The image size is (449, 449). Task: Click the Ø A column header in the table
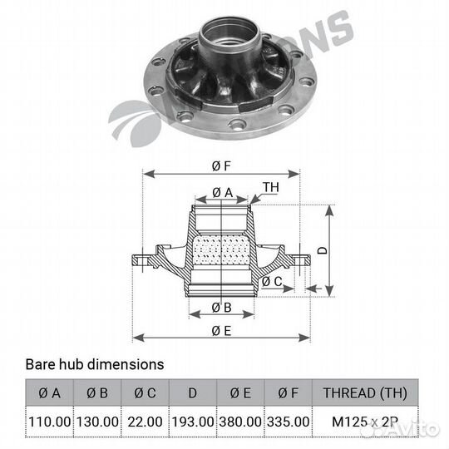point(50,393)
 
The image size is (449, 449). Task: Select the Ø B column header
point(97,393)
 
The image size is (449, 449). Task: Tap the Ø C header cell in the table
point(145,393)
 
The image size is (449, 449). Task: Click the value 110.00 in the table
point(50,422)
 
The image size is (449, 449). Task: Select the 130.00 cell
point(97,422)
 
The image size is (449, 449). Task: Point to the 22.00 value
point(145,422)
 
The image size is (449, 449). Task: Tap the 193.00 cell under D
point(192,422)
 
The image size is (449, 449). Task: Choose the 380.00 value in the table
point(239,422)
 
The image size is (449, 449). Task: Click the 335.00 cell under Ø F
point(288,422)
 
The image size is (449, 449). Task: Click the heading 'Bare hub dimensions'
point(94,364)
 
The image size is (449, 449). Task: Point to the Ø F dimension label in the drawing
point(221,165)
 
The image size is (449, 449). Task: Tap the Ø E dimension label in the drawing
point(221,330)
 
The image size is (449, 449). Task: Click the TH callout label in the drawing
point(271,187)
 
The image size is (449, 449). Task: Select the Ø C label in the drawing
point(271,282)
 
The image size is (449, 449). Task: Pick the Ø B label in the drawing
point(221,307)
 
